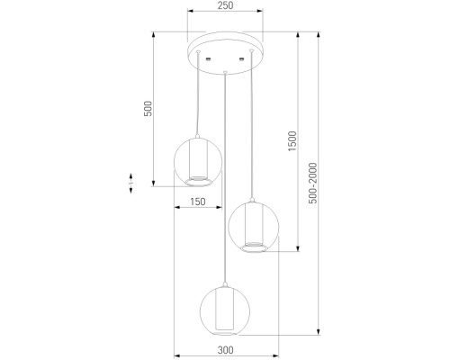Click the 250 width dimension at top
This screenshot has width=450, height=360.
click(225, 6)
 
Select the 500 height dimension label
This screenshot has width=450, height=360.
click(149, 109)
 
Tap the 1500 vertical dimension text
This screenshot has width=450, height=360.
click(291, 141)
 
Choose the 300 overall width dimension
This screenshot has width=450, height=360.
click(225, 349)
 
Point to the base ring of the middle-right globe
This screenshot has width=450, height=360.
click(255, 249)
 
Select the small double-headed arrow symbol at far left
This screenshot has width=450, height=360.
click(131, 181)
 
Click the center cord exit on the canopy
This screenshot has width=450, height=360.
click(225, 64)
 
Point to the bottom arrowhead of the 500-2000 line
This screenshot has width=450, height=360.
click(319, 334)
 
